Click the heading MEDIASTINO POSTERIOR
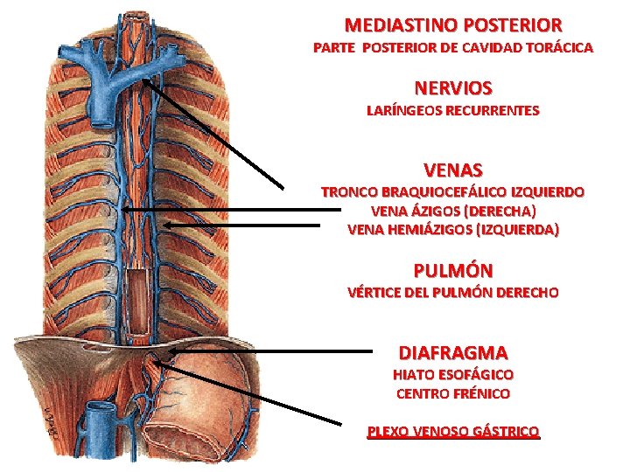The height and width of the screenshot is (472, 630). pyautogui.click(x=452, y=25)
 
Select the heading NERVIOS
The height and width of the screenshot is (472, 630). pyautogui.click(x=452, y=88)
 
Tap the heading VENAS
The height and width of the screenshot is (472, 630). pyautogui.click(x=452, y=169)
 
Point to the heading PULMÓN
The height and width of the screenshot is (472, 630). pyautogui.click(x=452, y=270)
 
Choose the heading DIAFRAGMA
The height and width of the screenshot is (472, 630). pyautogui.click(x=452, y=353)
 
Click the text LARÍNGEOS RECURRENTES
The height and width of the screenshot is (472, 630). pyautogui.click(x=452, y=111)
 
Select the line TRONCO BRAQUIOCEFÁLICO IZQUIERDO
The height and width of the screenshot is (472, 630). pyautogui.click(x=452, y=191)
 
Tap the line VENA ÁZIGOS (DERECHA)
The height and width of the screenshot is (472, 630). pyautogui.click(x=452, y=211)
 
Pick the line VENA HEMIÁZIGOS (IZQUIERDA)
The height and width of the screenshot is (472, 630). pyautogui.click(x=452, y=230)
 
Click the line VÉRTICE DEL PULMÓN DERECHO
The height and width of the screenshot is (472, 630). pyautogui.click(x=452, y=292)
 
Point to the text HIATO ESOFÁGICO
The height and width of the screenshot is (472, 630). pyautogui.click(x=452, y=374)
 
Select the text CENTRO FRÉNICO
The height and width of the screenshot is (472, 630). pyautogui.click(x=452, y=393)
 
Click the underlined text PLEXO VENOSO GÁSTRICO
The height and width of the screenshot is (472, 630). pyautogui.click(x=452, y=431)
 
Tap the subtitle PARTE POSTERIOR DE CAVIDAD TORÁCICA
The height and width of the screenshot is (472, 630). pyautogui.click(x=452, y=47)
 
